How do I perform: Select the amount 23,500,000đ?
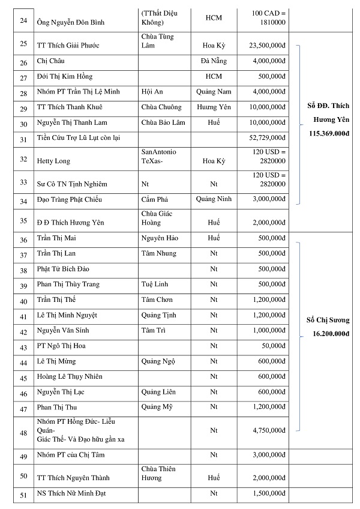pyautogui.click(x=266, y=45)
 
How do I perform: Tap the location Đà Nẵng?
pyautogui.click(x=213, y=61)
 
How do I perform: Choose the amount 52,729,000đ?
pyautogui.click(x=266, y=138)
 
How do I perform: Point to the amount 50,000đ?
pyautogui.click(x=273, y=346)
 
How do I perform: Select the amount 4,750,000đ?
pyautogui.click(x=268, y=430)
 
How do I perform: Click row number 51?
pyautogui.click(x=23, y=495)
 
